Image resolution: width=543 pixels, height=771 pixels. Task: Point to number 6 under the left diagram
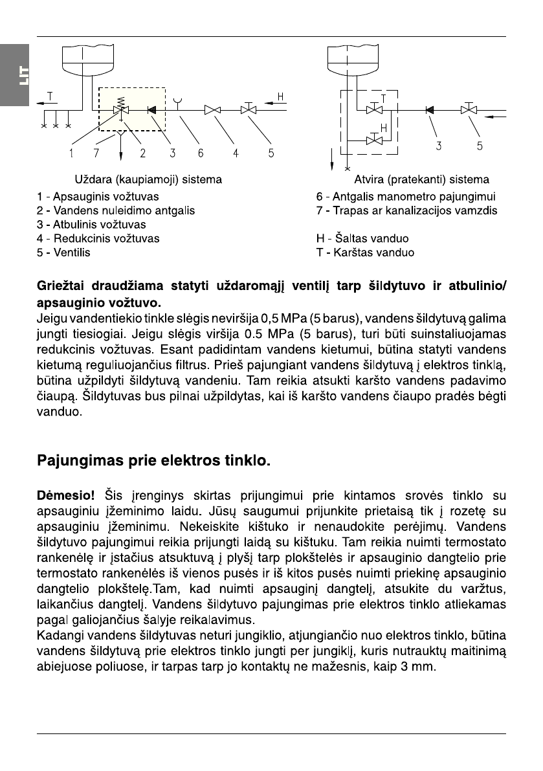tap(201, 154)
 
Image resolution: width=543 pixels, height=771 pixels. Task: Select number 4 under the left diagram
tap(236, 154)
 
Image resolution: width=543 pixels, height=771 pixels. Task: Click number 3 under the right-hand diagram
tap(439, 146)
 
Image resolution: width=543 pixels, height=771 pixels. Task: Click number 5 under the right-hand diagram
tap(480, 146)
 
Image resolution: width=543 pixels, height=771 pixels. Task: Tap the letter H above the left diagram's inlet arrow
tap(280, 97)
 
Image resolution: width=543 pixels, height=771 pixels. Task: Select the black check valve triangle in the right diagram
tap(429, 110)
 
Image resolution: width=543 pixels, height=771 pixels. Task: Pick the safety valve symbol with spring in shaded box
tap(120, 107)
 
